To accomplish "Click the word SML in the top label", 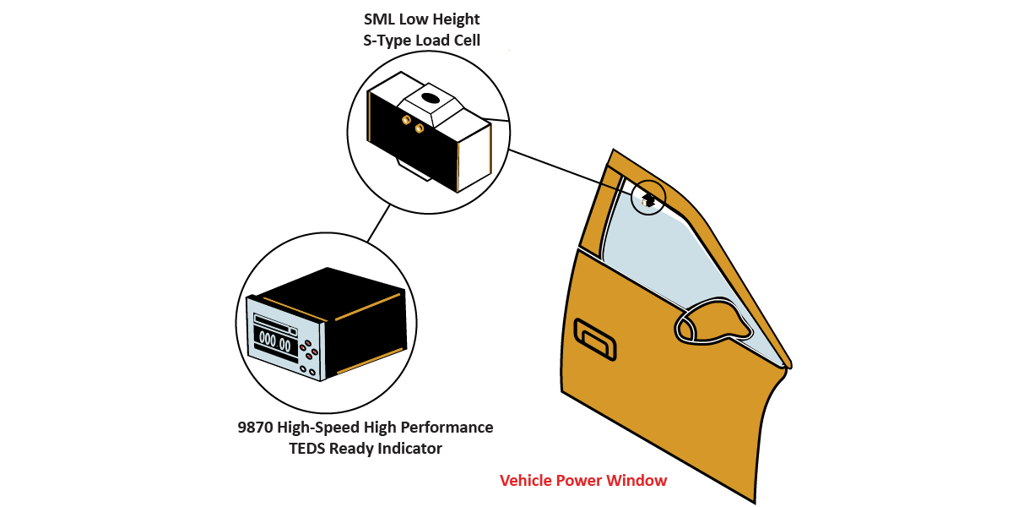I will [x=380, y=19].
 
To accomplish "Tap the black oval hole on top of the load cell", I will [x=430, y=99].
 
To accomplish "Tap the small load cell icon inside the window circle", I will [x=648, y=199].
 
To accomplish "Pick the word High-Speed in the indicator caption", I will [x=324, y=428].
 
